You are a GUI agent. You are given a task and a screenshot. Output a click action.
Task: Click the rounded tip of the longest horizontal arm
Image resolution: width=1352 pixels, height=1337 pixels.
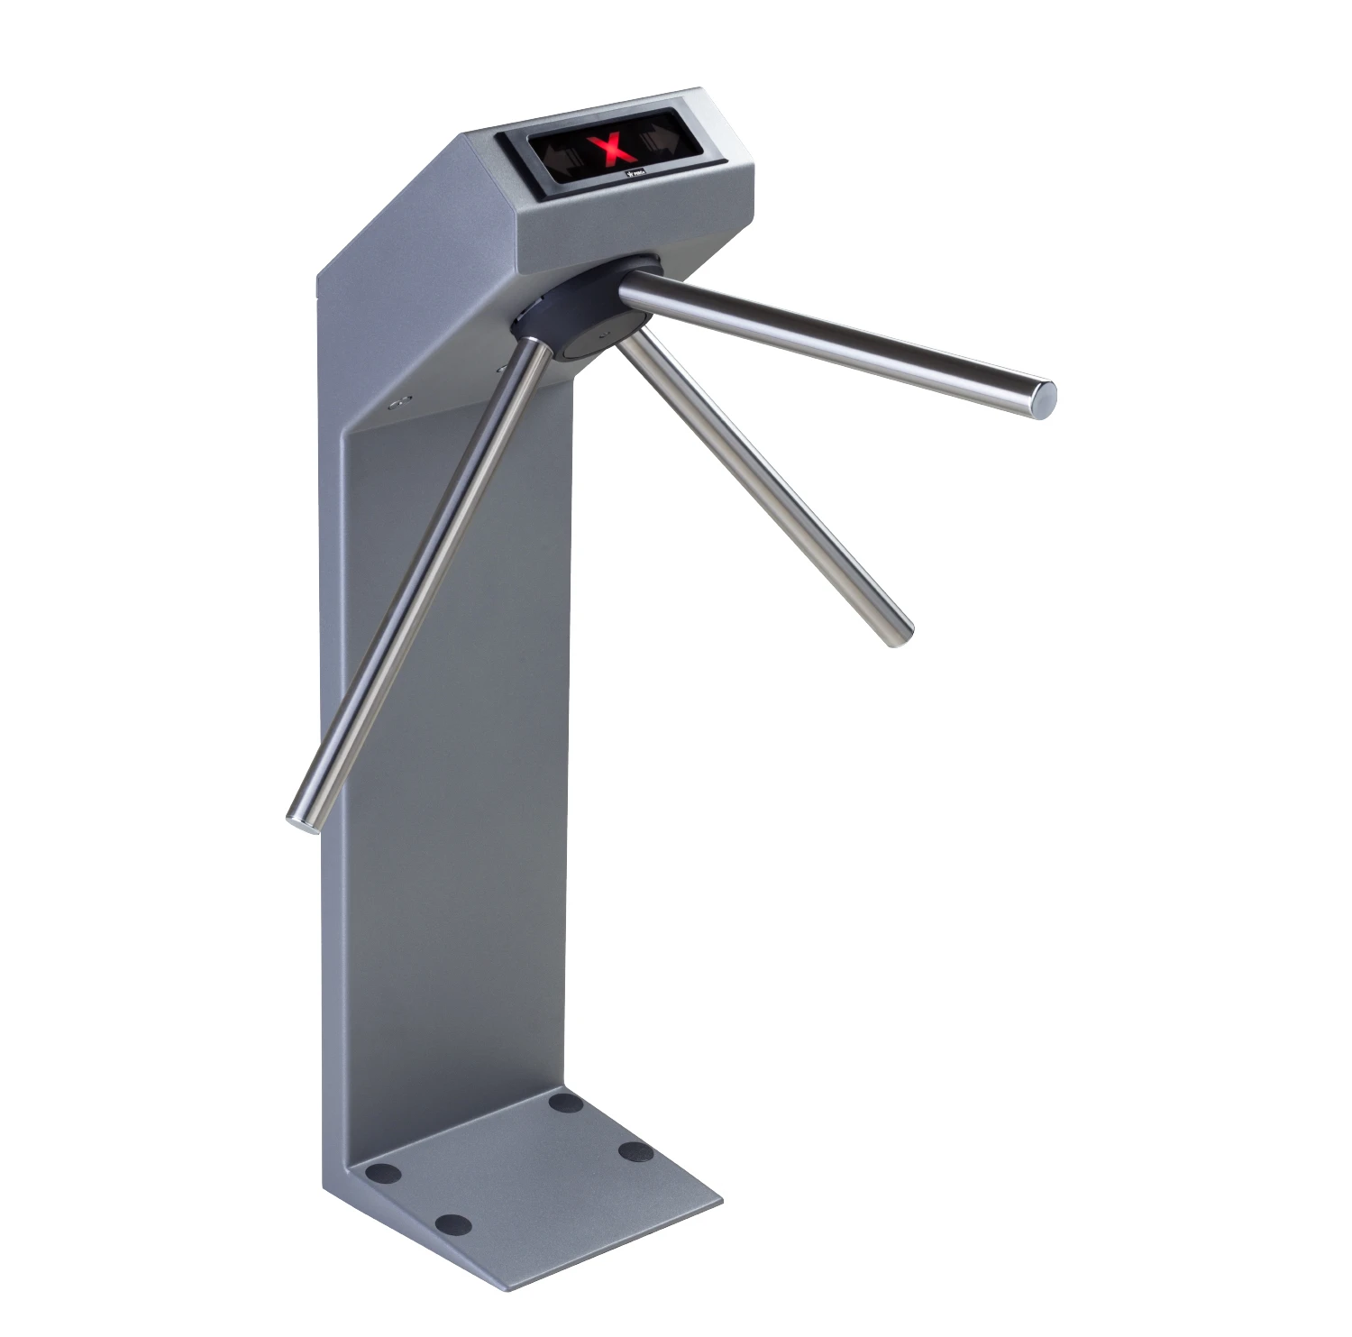tap(1046, 398)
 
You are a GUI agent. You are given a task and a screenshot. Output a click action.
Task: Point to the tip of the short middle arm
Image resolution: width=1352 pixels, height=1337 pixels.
tap(898, 633)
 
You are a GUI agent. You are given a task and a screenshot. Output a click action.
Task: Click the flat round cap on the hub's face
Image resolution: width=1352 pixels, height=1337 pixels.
tap(599, 340)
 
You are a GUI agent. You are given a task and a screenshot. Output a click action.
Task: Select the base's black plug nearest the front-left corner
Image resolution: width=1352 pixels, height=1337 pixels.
tap(452, 1223)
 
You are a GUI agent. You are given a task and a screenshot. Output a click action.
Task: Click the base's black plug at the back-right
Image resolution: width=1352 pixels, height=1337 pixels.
tap(566, 1102)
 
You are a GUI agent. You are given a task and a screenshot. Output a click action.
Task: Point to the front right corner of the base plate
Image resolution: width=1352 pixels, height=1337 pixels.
tap(721, 1200)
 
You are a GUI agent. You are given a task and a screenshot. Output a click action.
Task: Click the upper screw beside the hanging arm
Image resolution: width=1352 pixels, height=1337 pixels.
tap(502, 367)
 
